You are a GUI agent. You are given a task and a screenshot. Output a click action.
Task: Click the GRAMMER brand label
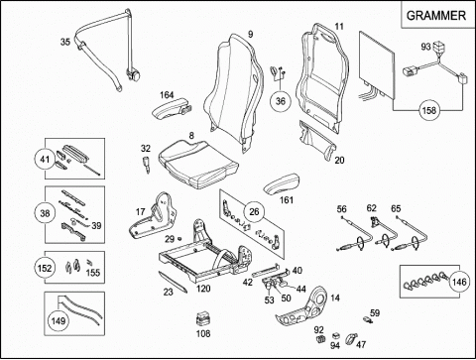pos(435,16)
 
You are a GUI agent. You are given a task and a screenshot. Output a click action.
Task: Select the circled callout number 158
pos(429,110)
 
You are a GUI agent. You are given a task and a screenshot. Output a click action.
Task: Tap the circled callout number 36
pos(280,101)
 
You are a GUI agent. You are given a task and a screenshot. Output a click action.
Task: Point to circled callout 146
pos(459,282)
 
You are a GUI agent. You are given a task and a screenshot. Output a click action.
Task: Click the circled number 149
pos(59,320)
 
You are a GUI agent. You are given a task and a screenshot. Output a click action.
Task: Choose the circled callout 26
pos(254,211)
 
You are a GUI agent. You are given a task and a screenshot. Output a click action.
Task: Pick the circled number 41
pos(45,160)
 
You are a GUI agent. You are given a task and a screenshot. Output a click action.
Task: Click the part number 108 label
pos(203,333)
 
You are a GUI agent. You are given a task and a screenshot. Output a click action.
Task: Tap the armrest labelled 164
pos(170,110)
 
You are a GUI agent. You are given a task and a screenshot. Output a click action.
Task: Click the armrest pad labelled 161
pos(282,185)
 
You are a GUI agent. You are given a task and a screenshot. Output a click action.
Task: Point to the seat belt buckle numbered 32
pos(146,164)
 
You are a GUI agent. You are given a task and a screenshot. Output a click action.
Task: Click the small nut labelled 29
pos(179,238)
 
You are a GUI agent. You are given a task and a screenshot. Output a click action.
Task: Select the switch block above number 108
pos(203,319)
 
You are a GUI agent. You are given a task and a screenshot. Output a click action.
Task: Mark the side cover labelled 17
pos(153,217)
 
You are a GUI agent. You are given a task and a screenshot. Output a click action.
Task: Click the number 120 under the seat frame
pos(203,289)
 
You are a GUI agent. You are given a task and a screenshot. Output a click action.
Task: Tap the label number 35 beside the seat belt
pos(65,42)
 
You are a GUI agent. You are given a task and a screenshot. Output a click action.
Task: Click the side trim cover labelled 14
pos(303,305)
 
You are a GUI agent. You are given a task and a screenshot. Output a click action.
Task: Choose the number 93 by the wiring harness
pos(425,47)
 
